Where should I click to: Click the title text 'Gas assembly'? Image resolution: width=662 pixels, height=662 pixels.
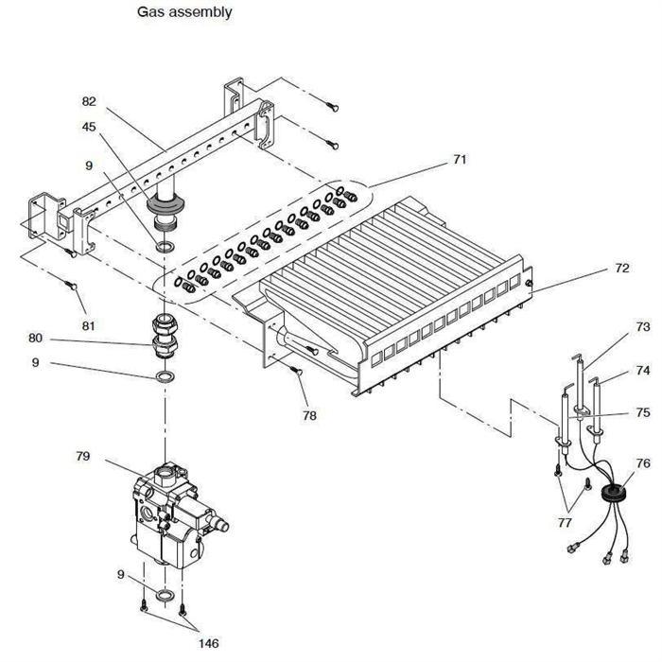184,12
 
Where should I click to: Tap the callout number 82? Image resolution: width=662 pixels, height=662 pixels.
89,101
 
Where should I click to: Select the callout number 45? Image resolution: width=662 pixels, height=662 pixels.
89,127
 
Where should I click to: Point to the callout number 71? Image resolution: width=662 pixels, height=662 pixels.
460,159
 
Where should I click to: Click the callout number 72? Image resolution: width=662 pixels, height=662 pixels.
622,268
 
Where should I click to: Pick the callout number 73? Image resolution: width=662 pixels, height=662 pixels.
642,327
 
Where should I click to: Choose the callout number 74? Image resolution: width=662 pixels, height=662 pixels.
642,371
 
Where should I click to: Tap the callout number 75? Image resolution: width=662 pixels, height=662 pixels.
642,412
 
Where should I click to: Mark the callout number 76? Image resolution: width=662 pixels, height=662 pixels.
642,463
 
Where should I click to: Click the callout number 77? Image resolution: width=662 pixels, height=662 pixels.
565,523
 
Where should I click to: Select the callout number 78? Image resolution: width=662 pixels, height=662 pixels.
309,416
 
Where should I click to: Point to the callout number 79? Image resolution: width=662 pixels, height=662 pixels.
83,456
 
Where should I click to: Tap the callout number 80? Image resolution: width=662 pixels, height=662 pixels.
36,338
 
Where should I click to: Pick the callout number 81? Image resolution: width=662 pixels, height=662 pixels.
88,326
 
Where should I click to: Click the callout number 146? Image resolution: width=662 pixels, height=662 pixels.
209,643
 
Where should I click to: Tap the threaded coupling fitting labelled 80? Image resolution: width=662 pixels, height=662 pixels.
165,337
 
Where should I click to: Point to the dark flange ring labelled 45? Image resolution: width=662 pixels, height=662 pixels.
165,205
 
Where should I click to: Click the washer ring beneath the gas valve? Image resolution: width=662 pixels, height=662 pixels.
165,595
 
